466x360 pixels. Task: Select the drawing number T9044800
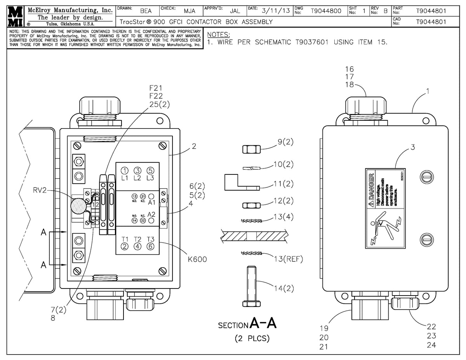pos(326,11)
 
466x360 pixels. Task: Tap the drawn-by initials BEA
pos(146,11)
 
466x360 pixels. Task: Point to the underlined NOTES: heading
pos(219,35)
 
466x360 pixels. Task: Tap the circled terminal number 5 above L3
pos(150,170)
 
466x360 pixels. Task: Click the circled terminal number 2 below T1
pos(124,246)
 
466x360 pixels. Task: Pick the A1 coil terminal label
pos(152,202)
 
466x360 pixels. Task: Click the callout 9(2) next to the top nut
pos(285,142)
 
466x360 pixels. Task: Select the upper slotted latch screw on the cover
pos(426,177)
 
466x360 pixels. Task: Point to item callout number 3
pos(413,147)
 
